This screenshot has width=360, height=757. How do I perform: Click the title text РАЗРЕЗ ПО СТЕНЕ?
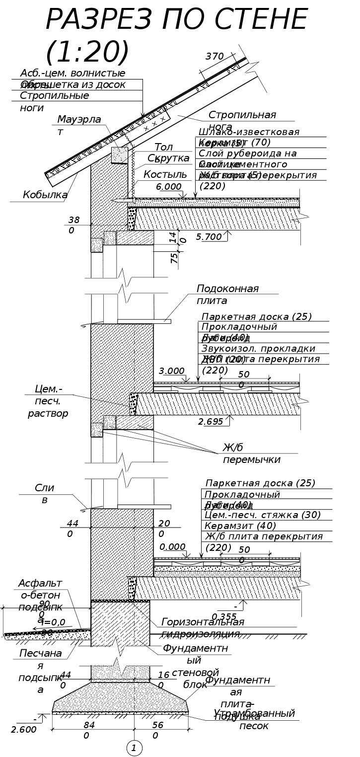point(176,20)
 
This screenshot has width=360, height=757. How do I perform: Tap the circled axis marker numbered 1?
point(134,748)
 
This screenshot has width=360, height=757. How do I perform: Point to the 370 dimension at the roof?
point(215,57)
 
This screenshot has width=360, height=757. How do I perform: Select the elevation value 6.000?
point(168,187)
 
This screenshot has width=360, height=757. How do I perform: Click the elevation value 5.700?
point(209,237)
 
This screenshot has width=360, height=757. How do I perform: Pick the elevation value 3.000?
point(172,371)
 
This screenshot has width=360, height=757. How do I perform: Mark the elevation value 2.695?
point(211,422)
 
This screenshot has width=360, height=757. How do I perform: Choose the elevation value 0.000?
point(172,547)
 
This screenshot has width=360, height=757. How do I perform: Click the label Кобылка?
point(45,195)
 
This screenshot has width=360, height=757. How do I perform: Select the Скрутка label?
point(168,158)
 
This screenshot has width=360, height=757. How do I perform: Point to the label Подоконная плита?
point(227,295)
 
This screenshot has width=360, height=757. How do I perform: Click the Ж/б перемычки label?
point(251,454)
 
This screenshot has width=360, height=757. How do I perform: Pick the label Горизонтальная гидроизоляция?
point(203,628)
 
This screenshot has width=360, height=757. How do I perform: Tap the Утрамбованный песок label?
point(254,719)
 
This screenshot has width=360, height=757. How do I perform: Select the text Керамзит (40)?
point(240,526)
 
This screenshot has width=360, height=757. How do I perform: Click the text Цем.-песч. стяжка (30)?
point(262,515)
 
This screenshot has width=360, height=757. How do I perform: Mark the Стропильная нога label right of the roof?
point(242,120)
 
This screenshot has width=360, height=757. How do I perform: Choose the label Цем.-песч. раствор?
point(48,401)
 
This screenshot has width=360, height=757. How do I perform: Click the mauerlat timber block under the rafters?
point(119,155)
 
